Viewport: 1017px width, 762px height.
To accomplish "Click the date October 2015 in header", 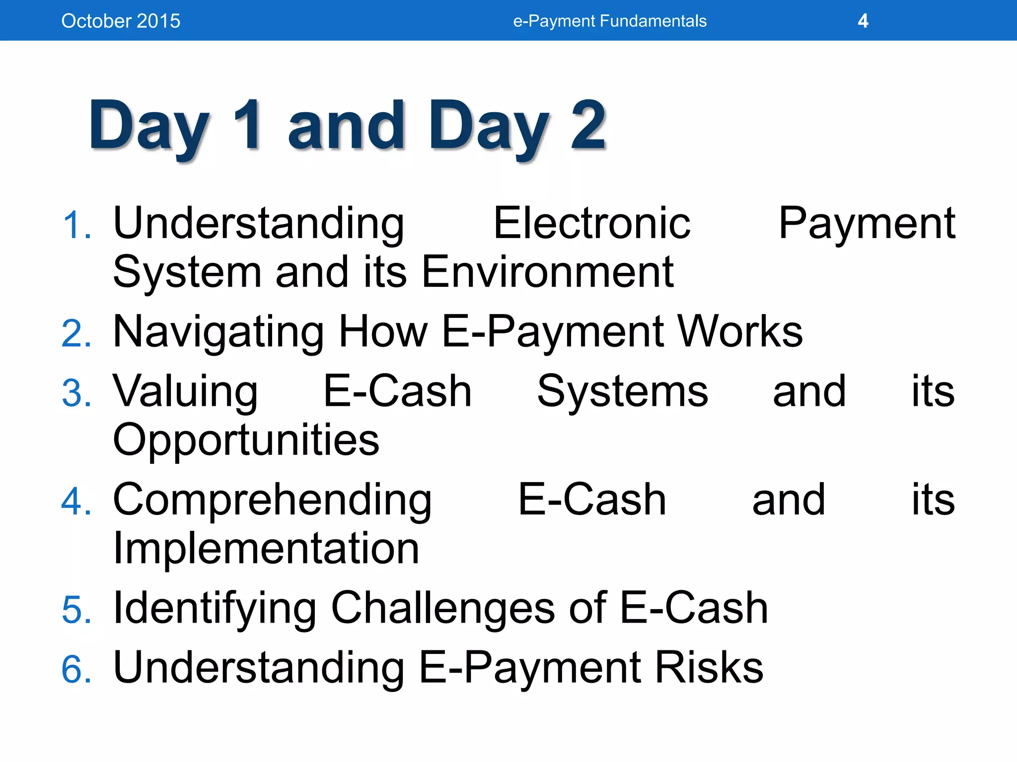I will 121,21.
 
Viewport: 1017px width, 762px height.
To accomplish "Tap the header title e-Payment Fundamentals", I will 609,21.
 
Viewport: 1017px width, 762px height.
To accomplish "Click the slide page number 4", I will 863,21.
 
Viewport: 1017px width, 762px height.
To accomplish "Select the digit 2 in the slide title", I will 588,125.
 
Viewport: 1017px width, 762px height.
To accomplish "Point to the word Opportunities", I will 246,441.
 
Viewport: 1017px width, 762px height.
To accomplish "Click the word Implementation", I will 266,548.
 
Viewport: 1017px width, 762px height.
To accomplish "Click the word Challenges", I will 442,608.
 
